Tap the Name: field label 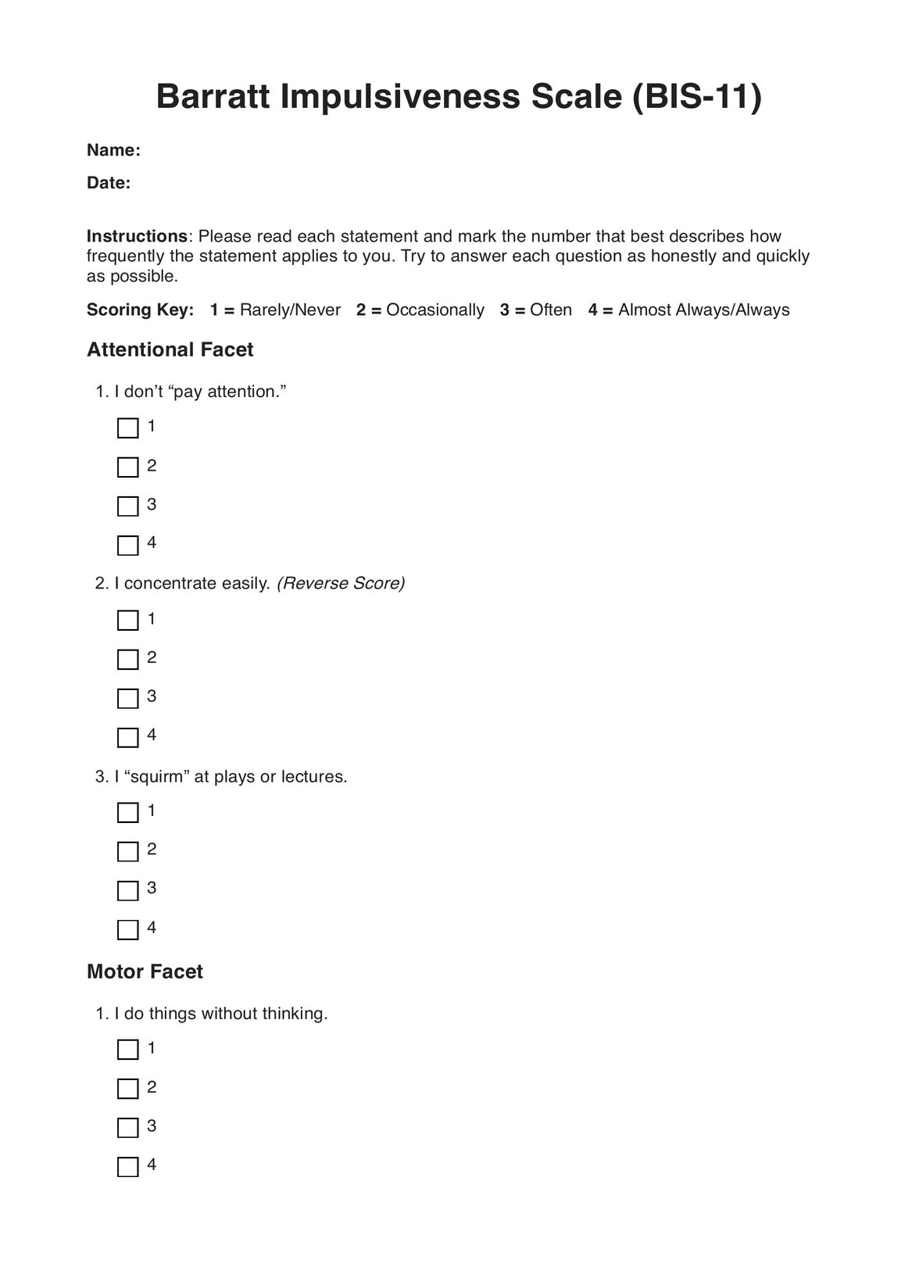113,150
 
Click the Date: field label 109,183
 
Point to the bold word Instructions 137,236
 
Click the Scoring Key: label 140,310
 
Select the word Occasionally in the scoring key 434,310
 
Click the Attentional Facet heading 170,349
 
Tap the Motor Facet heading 145,972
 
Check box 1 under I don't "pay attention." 127,428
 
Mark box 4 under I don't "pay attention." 127,545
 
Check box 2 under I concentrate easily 127,660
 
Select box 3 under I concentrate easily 127,698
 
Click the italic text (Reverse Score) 341,583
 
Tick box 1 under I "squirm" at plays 127,813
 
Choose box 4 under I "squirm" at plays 127,929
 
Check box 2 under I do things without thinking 127,1089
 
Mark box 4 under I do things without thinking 127,1167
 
